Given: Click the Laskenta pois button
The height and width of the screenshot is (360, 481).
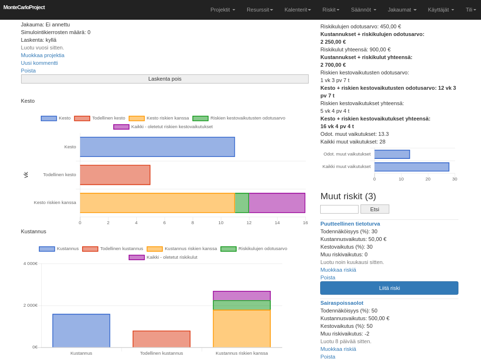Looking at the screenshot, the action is [x=165, y=79].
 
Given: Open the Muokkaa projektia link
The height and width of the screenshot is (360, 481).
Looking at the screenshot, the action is [x=43, y=55].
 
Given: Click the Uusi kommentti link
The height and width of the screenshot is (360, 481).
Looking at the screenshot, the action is [x=39, y=63].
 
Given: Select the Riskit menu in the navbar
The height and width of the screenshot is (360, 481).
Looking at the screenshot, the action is [x=331, y=10].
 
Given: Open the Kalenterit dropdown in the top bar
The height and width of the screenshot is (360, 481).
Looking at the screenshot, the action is [x=298, y=10].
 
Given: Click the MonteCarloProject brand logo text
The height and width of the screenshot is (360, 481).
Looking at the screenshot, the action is [x=24, y=7].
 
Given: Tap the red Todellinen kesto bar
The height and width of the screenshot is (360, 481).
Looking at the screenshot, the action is [x=115, y=175].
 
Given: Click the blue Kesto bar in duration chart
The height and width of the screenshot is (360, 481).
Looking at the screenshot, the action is [x=157, y=147].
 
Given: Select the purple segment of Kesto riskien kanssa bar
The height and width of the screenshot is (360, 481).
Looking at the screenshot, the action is [x=277, y=203].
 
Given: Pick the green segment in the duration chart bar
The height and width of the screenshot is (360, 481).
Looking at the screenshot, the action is [x=242, y=203].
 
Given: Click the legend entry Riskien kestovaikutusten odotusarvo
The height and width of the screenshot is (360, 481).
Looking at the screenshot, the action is [x=239, y=118].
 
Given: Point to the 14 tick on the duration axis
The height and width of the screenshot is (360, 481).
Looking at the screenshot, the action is [x=277, y=223].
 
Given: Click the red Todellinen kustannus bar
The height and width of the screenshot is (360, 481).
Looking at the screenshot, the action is [x=162, y=339].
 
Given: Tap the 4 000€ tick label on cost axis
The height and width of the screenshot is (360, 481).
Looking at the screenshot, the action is [x=30, y=264].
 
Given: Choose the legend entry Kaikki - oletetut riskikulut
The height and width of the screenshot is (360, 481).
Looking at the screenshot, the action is [x=163, y=257].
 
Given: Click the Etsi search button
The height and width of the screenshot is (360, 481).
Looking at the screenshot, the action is [x=374, y=209].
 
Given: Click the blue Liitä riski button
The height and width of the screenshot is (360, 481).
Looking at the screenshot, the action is [x=389, y=288].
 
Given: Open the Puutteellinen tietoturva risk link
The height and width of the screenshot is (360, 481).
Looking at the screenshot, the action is [x=350, y=224].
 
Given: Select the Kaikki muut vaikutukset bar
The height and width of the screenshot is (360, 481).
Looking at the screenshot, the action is [x=412, y=167].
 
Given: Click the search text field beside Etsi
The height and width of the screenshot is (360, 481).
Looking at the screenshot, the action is [x=339, y=209].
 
